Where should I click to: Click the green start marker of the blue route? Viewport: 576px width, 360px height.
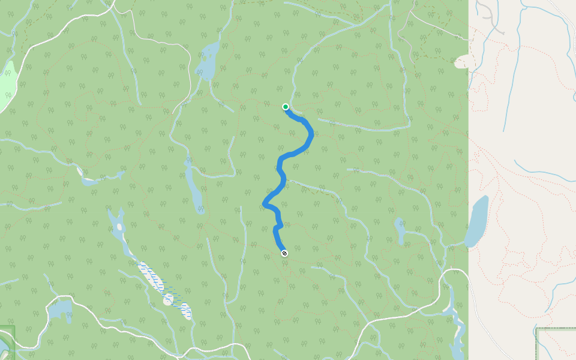tap(286, 107)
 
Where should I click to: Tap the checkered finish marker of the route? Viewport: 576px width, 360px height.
tap(284, 253)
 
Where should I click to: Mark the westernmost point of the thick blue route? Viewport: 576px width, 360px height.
tap(265, 205)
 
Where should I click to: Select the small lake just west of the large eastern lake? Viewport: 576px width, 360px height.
tap(400, 230)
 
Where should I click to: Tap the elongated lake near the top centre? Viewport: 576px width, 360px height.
tap(208, 60)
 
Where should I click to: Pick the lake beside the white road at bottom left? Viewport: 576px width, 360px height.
tap(59, 310)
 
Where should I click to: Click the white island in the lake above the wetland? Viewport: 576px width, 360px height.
tap(119, 227)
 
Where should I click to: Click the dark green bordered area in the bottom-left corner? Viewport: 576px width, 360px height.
tap(5, 342)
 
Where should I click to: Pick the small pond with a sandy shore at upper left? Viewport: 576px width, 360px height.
tap(86, 179)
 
